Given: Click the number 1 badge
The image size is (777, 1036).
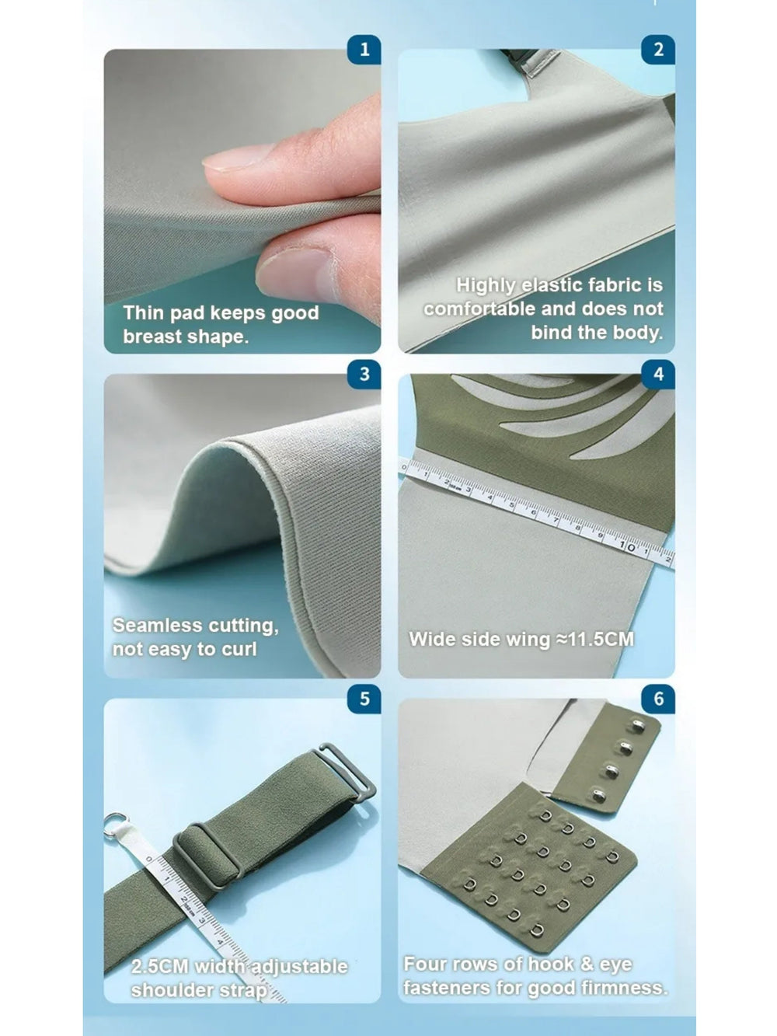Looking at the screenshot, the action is [364, 49].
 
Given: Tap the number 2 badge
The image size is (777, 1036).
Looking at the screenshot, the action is [658, 49].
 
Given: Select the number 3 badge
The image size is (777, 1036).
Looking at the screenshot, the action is [364, 375].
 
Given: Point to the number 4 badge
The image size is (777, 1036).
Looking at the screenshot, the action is [658, 375].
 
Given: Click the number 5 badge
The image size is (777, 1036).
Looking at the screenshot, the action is [364, 699].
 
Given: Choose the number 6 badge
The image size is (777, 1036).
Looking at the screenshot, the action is [658, 699].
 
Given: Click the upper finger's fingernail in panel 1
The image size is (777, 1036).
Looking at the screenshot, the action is [236, 158].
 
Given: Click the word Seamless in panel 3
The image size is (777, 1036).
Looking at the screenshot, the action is [158, 626].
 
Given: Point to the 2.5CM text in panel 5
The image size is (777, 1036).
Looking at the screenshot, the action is [160, 966].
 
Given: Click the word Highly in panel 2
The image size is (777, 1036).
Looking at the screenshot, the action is [486, 286].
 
